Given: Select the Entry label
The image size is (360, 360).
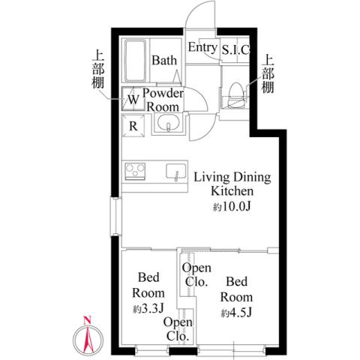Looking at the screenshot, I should click(202, 47).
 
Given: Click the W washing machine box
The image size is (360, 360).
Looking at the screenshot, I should click(132, 98).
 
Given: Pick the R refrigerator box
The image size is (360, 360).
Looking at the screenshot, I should click(132, 125).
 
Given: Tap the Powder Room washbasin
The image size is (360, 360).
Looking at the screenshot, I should click(168, 124).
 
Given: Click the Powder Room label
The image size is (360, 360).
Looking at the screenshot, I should click(163, 100).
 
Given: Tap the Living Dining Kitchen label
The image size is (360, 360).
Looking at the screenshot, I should click(232, 184).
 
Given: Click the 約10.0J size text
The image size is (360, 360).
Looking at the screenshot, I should click(232, 206).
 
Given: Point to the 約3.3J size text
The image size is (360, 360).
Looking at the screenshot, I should click(148, 307).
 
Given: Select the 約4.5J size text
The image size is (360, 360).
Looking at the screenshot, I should click(235, 312).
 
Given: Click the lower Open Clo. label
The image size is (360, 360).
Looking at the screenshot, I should click(178, 328).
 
